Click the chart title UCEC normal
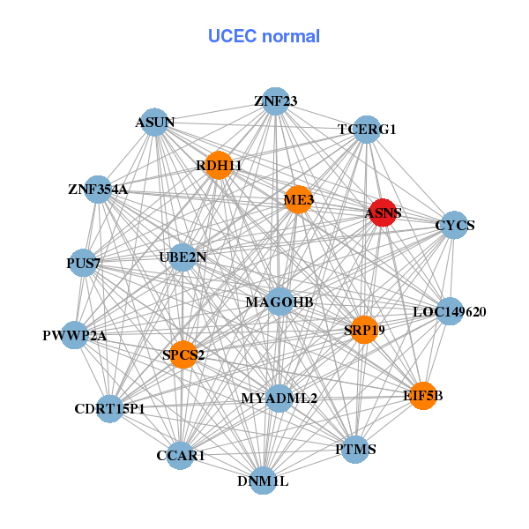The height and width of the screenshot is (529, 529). click(x=264, y=36)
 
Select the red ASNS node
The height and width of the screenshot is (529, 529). click(x=382, y=212)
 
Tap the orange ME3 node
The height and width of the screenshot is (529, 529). click(x=298, y=200)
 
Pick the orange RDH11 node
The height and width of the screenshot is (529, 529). click(x=219, y=165)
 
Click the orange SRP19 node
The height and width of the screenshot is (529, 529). click(x=363, y=330)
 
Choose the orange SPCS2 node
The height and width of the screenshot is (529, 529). click(x=183, y=354)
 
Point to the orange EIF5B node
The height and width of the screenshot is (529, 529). click(x=423, y=395)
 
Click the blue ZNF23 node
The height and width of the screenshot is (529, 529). click(x=276, y=101)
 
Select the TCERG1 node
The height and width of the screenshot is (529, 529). click(x=367, y=130)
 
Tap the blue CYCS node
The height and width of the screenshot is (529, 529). click(x=453, y=225)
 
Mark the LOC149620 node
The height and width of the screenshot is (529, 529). click(x=450, y=311)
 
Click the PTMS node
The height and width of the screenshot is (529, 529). click(x=356, y=449)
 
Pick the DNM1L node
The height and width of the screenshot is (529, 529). click(x=263, y=481)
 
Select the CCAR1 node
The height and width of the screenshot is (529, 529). click(x=181, y=455)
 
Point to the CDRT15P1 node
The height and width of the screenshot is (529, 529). click(x=109, y=408)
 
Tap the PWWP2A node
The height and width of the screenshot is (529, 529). click(x=75, y=335)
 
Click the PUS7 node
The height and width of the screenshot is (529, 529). click(x=84, y=263)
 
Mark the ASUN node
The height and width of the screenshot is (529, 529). click(x=155, y=122)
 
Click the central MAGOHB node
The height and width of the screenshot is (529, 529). click(x=279, y=302)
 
